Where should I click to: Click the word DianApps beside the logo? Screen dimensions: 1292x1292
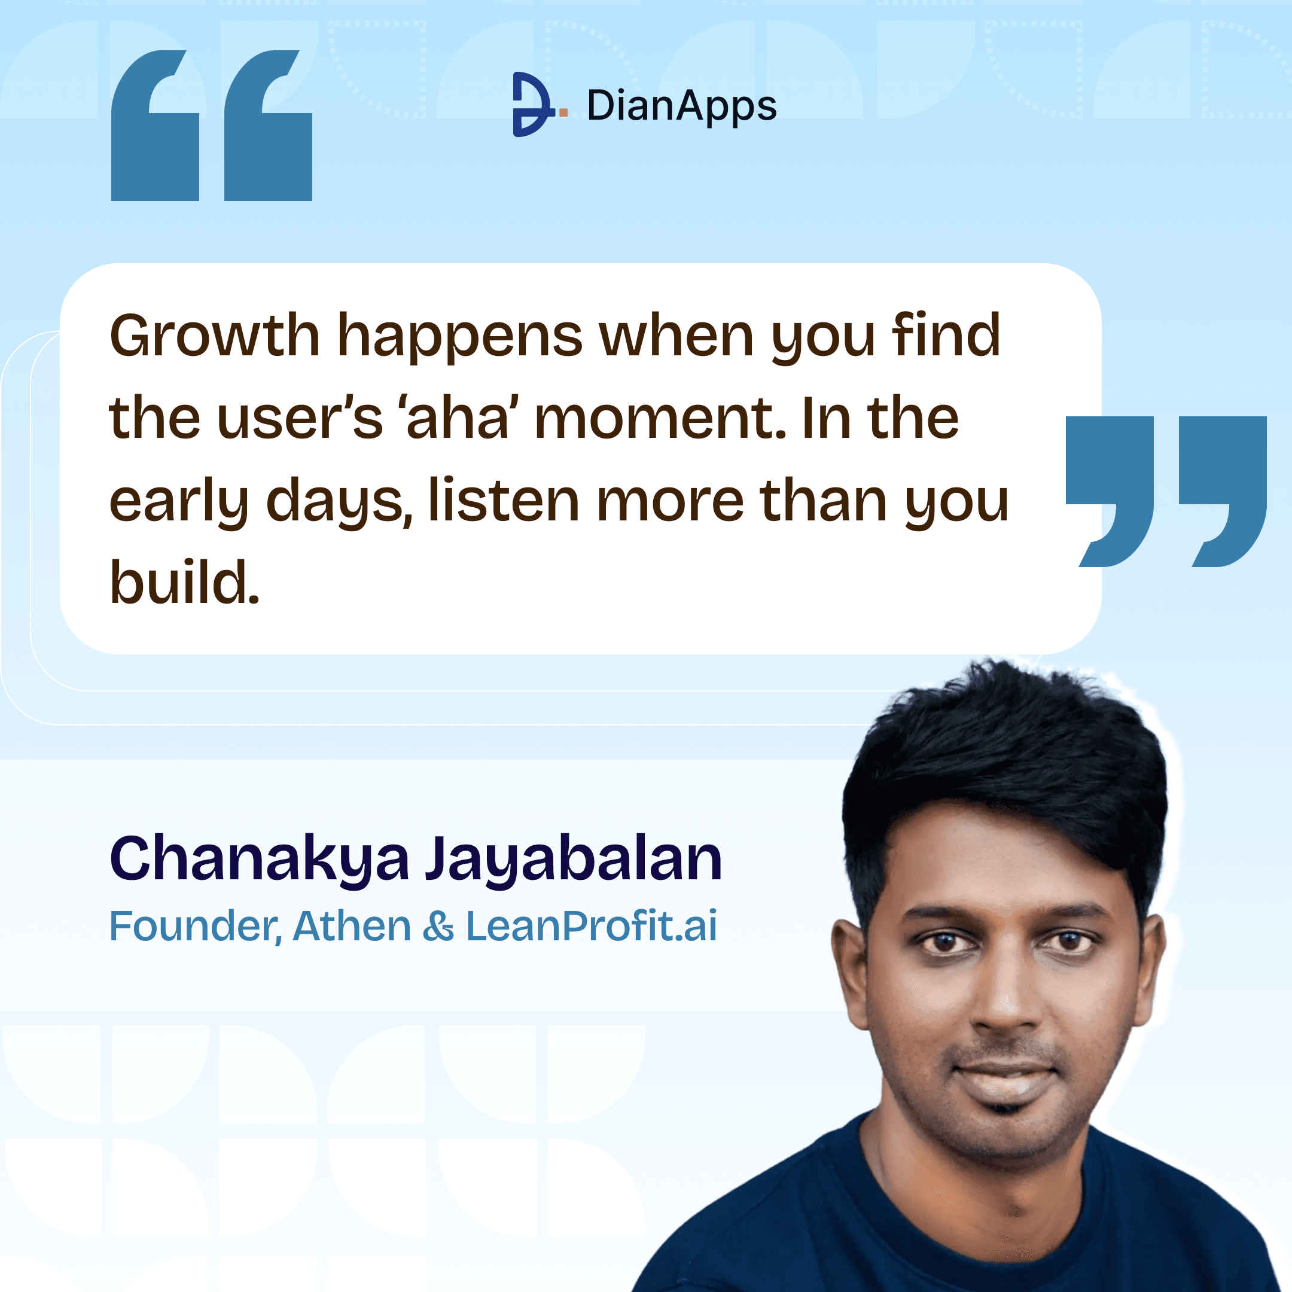(x=681, y=106)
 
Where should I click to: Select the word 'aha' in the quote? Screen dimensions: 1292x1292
(x=458, y=419)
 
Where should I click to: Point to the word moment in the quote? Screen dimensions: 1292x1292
(x=659, y=419)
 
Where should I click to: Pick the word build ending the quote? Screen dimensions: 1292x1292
(x=184, y=583)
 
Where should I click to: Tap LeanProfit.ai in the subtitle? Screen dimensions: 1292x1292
(x=591, y=926)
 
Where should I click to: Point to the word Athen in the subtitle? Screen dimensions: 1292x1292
(x=352, y=926)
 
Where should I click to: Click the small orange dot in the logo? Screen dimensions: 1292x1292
(x=563, y=113)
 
